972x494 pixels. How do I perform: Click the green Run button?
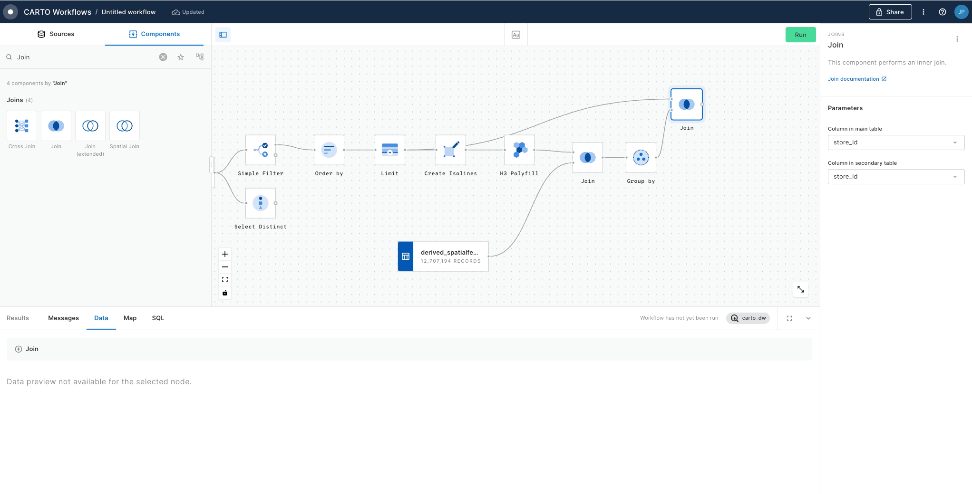pyautogui.click(x=800, y=35)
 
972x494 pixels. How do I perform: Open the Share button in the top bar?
pyautogui.click(x=890, y=12)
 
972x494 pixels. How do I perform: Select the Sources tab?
pyautogui.click(x=56, y=34)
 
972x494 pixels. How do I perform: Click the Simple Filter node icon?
pyautogui.click(x=261, y=150)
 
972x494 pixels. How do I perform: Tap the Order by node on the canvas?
pyautogui.click(x=329, y=150)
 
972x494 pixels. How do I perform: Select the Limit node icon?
pyautogui.click(x=390, y=150)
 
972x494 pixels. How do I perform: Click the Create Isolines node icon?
pyautogui.click(x=451, y=150)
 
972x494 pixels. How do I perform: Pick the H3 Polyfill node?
pyautogui.click(x=519, y=150)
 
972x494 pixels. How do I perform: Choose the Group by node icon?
pyautogui.click(x=641, y=158)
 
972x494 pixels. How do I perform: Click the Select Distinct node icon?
pyautogui.click(x=261, y=203)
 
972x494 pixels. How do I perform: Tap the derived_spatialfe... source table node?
pyautogui.click(x=443, y=256)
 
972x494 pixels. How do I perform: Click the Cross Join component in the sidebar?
pyautogui.click(x=22, y=126)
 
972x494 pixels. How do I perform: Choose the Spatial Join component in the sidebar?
pyautogui.click(x=125, y=126)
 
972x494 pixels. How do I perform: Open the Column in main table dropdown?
pyautogui.click(x=896, y=142)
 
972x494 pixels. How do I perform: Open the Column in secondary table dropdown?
pyautogui.click(x=896, y=177)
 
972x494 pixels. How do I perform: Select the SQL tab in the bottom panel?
pyautogui.click(x=158, y=318)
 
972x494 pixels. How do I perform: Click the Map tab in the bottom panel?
pyautogui.click(x=130, y=318)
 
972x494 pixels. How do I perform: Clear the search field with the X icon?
pyautogui.click(x=163, y=57)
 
